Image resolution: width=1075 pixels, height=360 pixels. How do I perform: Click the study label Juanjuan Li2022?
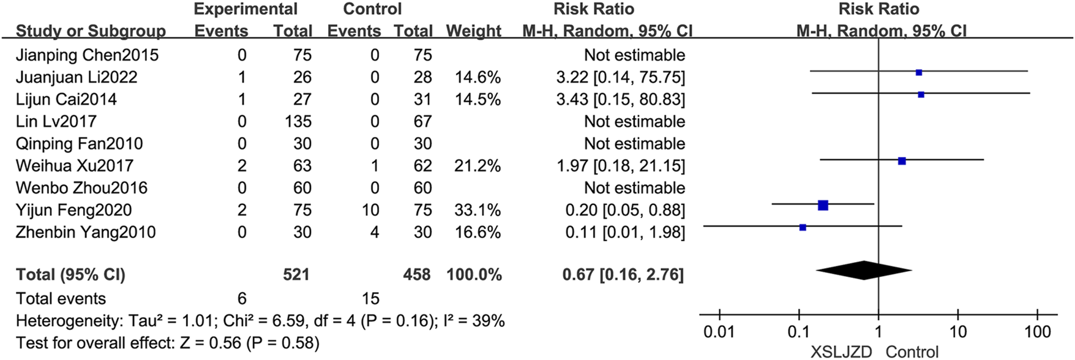77,77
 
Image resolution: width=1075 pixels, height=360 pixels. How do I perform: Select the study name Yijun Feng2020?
73,210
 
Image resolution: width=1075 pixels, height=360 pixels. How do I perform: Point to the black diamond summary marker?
864,270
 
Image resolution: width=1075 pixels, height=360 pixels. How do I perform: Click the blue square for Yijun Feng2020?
823,205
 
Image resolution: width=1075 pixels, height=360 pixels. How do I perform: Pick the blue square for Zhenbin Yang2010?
803,227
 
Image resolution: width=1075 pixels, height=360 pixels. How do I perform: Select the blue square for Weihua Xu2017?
902,161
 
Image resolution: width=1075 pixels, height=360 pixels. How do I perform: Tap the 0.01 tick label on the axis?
719,332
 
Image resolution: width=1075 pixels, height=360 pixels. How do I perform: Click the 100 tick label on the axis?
1037,332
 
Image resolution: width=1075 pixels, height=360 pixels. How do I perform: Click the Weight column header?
473,31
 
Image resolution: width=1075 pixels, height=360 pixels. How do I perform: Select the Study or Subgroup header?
91,31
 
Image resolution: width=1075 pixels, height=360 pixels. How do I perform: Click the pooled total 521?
296,274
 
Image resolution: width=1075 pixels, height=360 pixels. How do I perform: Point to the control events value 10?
369,210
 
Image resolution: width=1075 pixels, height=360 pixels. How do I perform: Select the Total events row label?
61,298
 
